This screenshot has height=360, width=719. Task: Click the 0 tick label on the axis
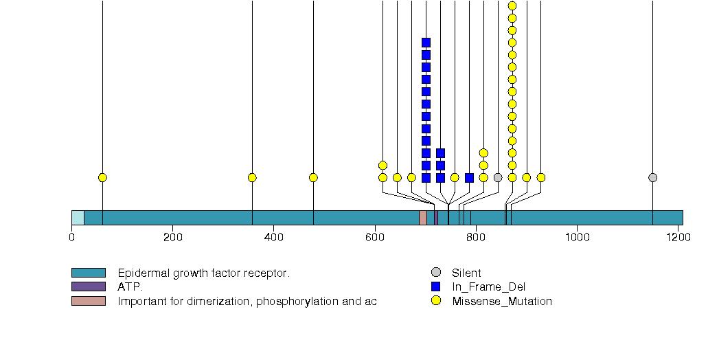pos(71,237)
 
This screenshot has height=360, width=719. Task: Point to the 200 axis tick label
pos(172,237)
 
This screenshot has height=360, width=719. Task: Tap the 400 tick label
pos(273,237)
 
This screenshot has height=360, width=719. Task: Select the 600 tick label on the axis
pos(375,237)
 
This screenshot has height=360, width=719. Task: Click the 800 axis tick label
pos(476,237)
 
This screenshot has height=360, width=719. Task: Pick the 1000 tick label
pos(577,237)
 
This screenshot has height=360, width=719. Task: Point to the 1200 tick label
pos(678,237)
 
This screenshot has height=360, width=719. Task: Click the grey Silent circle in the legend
pos(435,273)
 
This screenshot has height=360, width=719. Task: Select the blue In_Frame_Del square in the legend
pos(435,286)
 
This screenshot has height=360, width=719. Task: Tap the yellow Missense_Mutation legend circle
pos(435,301)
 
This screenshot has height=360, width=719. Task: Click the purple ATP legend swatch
pos(88,286)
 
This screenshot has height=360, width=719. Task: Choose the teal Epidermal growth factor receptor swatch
pos(88,273)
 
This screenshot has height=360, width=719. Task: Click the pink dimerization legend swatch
pos(88,301)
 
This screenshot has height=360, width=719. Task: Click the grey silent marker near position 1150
pos(652,177)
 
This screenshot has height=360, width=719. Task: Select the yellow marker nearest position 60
pos(102,177)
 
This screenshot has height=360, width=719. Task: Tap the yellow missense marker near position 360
pos(252,177)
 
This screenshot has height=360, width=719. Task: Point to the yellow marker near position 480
pos(313,177)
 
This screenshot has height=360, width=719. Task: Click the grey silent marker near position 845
pos(498,177)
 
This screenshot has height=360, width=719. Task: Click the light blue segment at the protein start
pos(78,218)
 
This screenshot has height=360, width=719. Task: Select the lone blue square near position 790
pos(469,177)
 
